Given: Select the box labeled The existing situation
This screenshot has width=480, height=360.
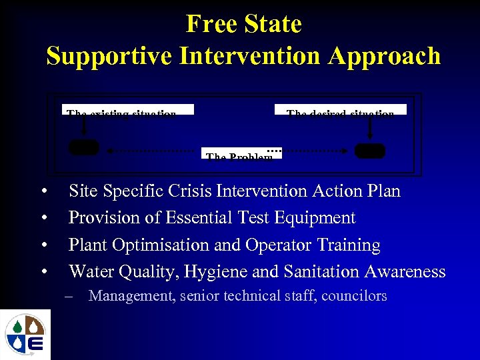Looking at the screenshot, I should point(128,110).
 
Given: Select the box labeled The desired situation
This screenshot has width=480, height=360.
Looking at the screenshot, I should point(340,110).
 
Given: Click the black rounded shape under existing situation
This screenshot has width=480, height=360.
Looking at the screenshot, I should point(83,147).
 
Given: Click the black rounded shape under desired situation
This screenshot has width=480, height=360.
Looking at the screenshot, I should point(369,151).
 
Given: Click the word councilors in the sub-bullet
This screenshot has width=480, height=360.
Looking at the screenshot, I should point(354,296).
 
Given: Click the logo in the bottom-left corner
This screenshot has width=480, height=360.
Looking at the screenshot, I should point(25,334).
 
